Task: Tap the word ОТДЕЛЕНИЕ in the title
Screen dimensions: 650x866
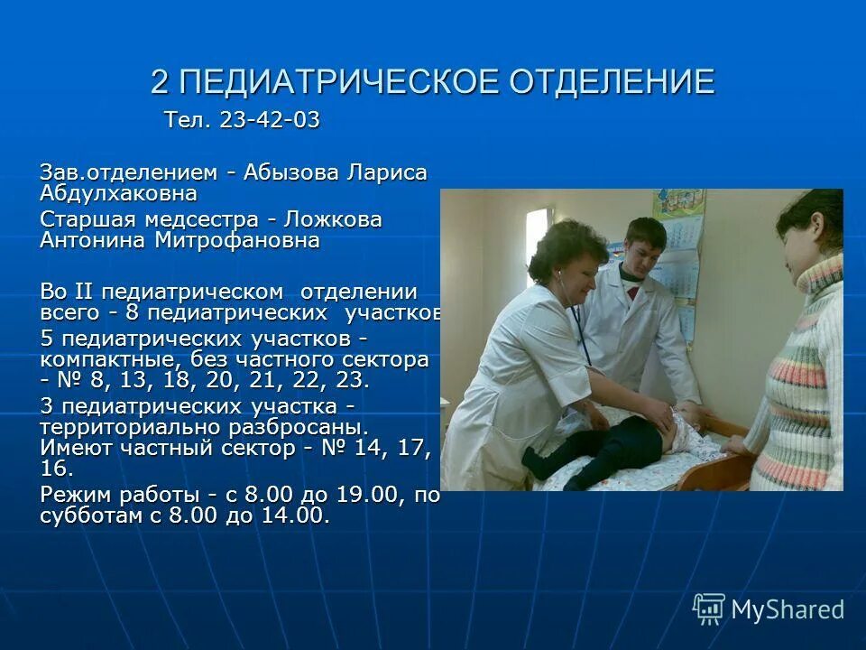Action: click(613, 82)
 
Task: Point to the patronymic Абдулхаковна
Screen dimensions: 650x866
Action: click(117, 192)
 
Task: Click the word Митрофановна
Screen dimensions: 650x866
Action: click(237, 240)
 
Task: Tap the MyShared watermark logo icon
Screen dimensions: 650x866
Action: click(708, 609)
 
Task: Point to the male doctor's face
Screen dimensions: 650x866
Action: click(644, 248)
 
